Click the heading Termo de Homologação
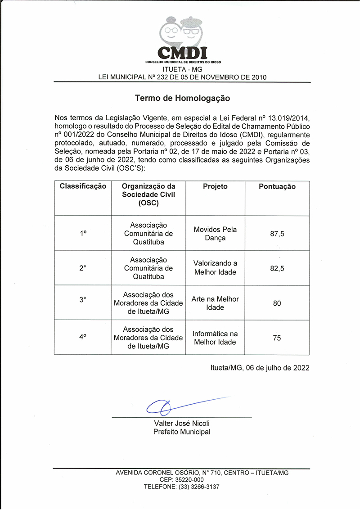click(182, 98)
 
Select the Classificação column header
click(83, 186)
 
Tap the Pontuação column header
click(277, 186)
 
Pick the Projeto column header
click(215, 186)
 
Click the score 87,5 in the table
click(277, 234)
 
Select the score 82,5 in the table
click(277, 268)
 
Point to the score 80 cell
click(277, 303)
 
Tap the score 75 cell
click(277, 338)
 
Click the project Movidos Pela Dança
click(215, 234)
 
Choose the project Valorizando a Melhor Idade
click(215, 268)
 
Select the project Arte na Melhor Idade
click(215, 303)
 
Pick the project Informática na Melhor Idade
click(215, 338)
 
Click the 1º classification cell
click(83, 234)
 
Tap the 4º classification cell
click(83, 337)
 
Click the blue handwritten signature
click(180, 406)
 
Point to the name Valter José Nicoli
click(182, 424)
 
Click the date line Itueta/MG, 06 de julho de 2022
click(260, 368)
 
